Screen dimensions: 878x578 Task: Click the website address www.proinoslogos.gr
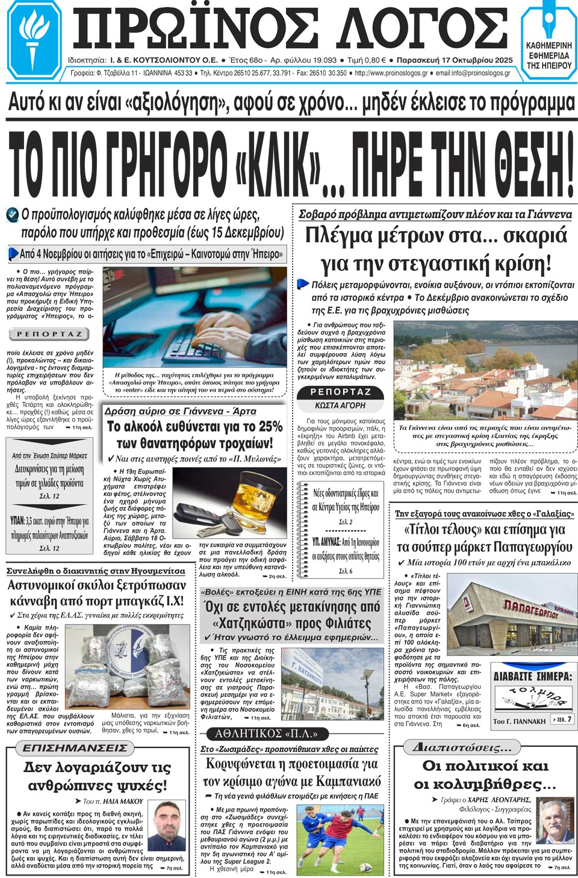point(391,73)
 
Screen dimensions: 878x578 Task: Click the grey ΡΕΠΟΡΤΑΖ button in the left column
point(49,334)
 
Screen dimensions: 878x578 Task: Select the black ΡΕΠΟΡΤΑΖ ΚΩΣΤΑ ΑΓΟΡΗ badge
point(340,398)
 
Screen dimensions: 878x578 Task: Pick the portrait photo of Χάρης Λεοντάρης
point(555,822)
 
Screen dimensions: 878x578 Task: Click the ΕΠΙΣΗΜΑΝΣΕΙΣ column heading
point(75,748)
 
